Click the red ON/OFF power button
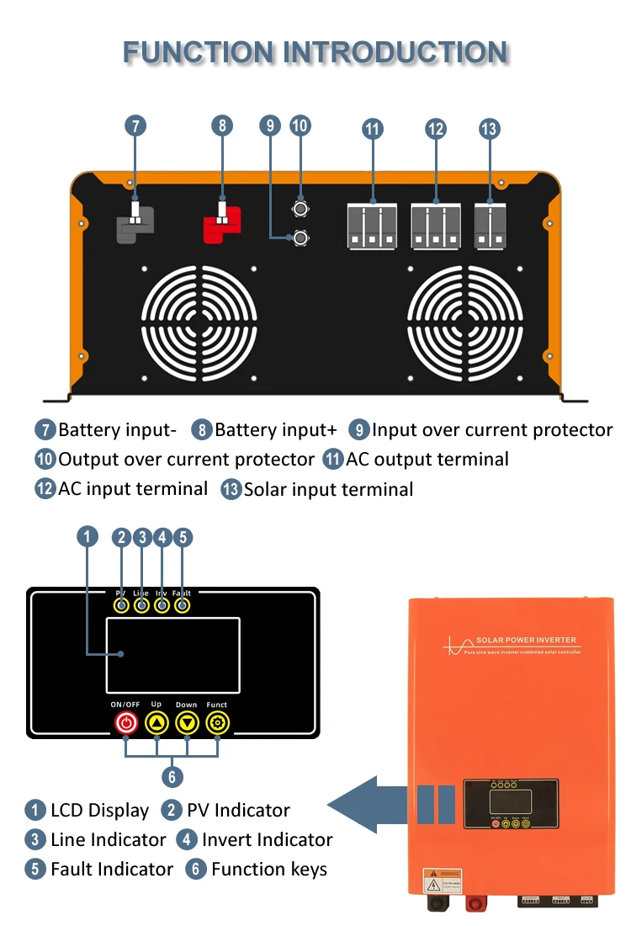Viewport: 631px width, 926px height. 125,722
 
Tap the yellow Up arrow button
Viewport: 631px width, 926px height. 156,722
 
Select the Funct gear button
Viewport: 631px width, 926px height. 217,722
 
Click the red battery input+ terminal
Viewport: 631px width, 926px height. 222,224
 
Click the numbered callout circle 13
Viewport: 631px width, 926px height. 489,129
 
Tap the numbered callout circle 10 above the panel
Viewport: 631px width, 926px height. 300,125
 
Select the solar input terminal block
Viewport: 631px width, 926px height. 489,226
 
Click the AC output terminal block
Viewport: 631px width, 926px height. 372,226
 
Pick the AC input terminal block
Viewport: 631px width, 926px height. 435,226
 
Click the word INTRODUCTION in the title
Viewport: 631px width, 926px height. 395,52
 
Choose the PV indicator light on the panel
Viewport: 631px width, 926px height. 122,605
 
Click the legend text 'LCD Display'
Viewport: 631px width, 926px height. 99,811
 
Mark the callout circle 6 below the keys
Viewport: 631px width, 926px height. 172,776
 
